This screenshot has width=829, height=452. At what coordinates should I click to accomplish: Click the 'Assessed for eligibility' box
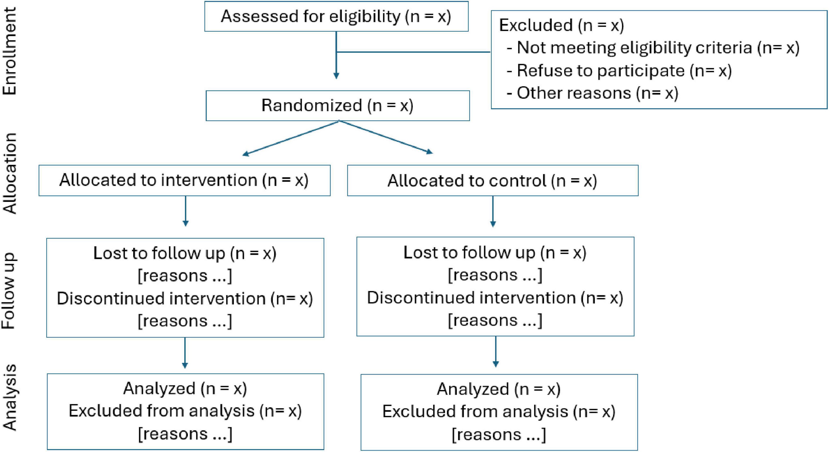336,16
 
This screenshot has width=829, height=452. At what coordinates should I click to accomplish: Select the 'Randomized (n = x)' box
337,105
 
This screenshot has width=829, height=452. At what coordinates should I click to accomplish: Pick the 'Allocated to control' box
492,181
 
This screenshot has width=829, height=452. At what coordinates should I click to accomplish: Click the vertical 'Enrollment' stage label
10,51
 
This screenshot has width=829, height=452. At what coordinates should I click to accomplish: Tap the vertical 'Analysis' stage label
10,397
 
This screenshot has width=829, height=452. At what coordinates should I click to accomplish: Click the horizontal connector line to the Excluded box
413,52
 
